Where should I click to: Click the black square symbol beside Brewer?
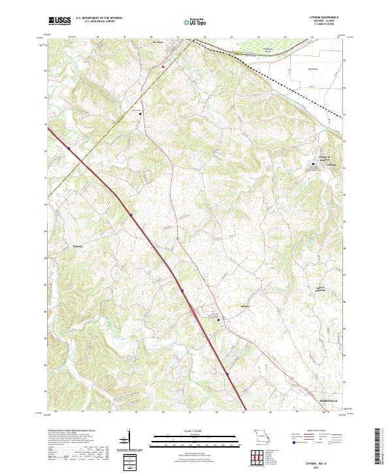click(x=218, y=319)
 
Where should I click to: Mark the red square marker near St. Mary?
click(x=163, y=67)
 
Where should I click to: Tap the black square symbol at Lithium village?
click(x=312, y=164)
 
